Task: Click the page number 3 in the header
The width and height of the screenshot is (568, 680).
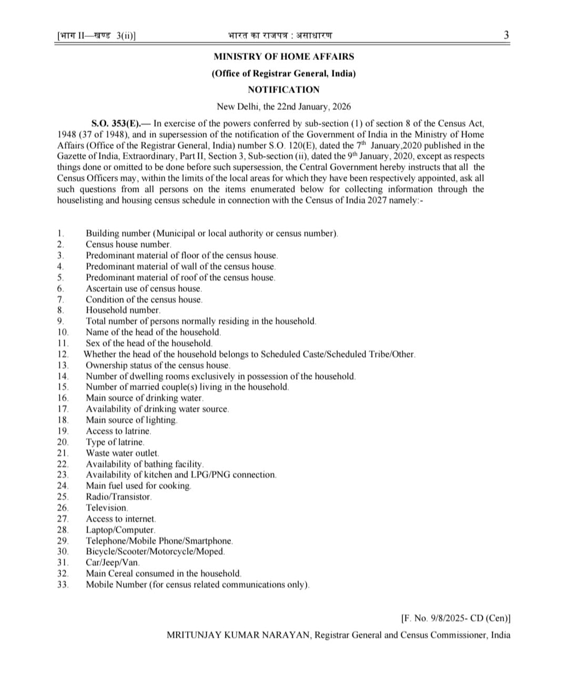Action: tap(506, 35)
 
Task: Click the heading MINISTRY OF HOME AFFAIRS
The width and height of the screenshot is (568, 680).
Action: tap(283, 56)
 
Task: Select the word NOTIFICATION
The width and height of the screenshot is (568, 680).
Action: tap(283, 89)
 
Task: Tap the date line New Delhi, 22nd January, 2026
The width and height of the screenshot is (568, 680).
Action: tap(283, 106)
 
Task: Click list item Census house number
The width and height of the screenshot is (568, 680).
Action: tap(128, 244)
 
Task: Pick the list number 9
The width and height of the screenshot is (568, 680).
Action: tap(60, 321)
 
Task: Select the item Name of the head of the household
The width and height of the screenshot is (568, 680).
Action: tap(153, 332)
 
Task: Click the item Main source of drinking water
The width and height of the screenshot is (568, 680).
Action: tap(144, 398)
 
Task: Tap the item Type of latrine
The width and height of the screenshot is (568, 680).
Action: tap(115, 442)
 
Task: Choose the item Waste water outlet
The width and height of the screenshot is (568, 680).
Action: tap(122, 453)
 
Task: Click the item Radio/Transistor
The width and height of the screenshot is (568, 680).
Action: tap(118, 496)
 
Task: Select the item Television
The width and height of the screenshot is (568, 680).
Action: tap(107, 508)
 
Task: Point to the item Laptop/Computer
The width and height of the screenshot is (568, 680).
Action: tap(120, 530)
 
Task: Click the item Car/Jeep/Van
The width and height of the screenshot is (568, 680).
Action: tap(113, 562)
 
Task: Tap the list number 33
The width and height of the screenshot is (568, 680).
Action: tap(63, 584)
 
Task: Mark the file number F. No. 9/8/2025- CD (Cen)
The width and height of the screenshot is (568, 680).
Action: tap(455, 618)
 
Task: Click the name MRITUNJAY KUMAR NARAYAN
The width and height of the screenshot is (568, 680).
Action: tap(239, 635)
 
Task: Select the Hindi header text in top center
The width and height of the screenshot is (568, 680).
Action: tap(280, 35)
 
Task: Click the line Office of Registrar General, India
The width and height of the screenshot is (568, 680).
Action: tap(283, 73)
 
